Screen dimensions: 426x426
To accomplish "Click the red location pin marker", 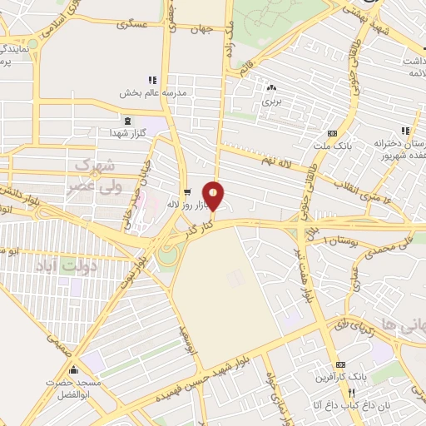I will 214,196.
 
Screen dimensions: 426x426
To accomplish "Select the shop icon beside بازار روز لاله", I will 186,190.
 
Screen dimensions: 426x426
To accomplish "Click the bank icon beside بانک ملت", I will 333,133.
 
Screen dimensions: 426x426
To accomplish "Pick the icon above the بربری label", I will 270,87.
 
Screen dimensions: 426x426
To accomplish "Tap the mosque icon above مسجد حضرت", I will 75,371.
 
